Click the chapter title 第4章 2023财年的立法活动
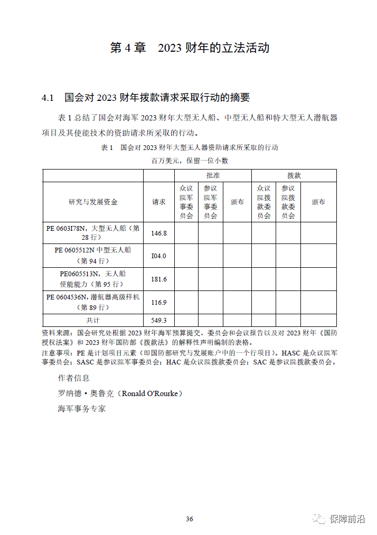click(x=190, y=48)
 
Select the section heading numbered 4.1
click(x=145, y=98)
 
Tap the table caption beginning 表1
click(x=190, y=147)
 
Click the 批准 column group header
click(x=213, y=175)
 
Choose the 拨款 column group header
click(x=294, y=175)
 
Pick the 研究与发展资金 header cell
click(x=93, y=202)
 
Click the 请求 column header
click(x=159, y=202)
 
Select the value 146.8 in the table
click(x=159, y=233)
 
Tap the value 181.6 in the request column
click(x=159, y=279)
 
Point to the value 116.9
click(x=159, y=303)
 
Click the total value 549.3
click(x=159, y=320)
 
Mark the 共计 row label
click(x=93, y=320)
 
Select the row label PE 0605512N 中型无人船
click(x=93, y=255)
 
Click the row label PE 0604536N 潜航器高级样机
click(x=93, y=302)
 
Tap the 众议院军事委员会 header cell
click(x=186, y=202)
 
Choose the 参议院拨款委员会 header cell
click(x=288, y=202)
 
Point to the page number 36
click(x=190, y=519)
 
